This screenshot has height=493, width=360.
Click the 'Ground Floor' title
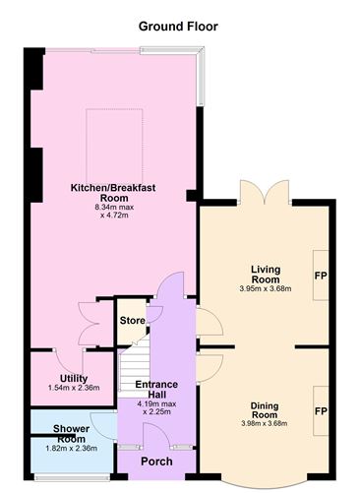point(178,27)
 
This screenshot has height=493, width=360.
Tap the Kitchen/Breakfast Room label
point(113,193)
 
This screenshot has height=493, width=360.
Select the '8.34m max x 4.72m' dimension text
point(114,212)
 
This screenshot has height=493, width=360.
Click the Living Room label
point(266,275)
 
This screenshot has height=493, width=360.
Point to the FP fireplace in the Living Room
point(321,276)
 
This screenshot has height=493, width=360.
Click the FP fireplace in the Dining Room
point(321,410)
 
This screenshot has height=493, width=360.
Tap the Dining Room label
point(265,410)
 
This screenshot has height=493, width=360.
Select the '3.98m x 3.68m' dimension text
point(265,423)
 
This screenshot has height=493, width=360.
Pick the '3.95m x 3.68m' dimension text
point(266,289)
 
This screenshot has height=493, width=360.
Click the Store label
point(132,321)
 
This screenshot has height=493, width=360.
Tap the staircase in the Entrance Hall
point(135,367)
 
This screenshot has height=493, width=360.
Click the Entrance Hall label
point(156,390)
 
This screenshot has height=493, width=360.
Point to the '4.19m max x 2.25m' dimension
point(157,407)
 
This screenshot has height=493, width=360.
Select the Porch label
point(156,462)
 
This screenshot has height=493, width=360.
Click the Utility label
point(74,379)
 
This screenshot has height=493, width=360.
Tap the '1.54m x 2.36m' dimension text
point(74,388)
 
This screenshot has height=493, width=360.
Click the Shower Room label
point(71,434)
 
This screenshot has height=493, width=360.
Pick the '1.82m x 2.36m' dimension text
point(71,448)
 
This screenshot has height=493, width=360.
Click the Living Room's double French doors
point(265,192)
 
